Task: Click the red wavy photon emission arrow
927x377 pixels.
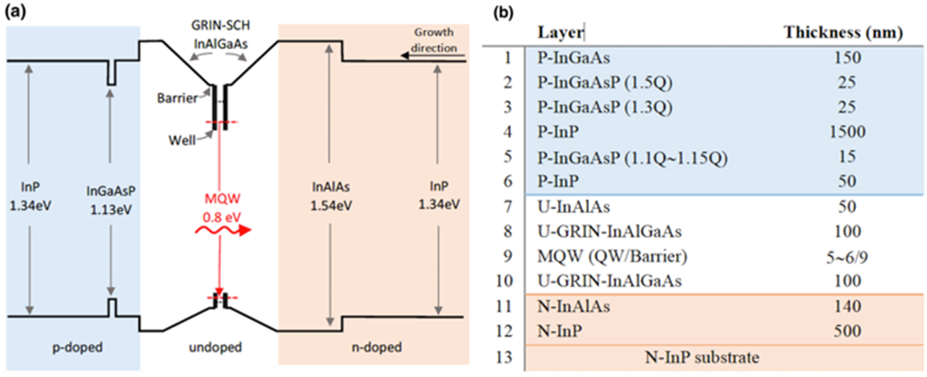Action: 223,231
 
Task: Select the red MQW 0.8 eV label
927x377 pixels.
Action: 222,208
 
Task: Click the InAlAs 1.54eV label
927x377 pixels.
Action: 331,196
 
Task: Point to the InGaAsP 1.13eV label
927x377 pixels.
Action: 111,200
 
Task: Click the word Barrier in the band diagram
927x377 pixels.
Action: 177,98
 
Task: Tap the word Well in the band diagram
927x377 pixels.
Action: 182,141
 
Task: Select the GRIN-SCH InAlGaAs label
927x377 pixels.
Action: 220,34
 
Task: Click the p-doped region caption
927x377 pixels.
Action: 77,347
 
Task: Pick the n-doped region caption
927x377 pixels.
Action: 377,347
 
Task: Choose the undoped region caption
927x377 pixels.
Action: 215,347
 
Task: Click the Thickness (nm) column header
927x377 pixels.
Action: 843,32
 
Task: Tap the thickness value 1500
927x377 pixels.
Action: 847,132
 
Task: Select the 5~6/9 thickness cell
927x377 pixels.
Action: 847,257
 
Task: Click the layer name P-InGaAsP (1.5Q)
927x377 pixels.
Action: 605,82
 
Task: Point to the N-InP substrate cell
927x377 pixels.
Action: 702,357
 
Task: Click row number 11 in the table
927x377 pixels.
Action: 504,306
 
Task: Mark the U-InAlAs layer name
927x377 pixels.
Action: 573,207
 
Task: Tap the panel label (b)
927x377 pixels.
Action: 503,13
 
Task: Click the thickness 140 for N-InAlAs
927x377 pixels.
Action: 847,306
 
